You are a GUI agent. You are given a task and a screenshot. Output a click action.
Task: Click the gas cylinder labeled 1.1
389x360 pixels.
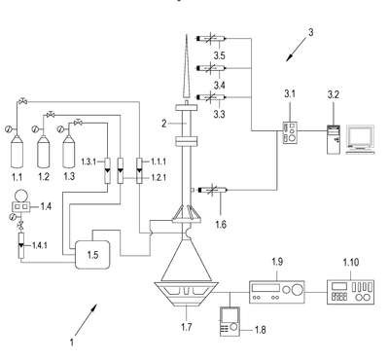pyautogui.click(x=17, y=152)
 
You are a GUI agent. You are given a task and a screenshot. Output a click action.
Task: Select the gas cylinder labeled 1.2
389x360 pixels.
pyautogui.click(x=43, y=152)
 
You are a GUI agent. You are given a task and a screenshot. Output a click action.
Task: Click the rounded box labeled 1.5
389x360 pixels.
pyautogui.click(x=92, y=255)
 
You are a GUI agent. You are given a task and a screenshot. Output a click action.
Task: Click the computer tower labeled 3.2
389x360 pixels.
pyautogui.click(x=334, y=139)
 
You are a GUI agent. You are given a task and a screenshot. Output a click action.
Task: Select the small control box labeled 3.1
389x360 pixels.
pyautogui.click(x=290, y=132)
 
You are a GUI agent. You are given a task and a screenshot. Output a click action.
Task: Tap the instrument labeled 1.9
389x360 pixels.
pyautogui.click(x=277, y=292)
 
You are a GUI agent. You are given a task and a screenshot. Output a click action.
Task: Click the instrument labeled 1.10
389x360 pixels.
pyautogui.click(x=351, y=292)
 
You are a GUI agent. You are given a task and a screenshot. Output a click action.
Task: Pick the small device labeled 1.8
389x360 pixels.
pyautogui.click(x=230, y=321)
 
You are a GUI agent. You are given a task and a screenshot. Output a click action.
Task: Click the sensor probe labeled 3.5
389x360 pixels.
pyautogui.click(x=211, y=39)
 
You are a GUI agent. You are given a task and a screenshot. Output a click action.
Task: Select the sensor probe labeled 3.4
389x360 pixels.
pyautogui.click(x=211, y=68)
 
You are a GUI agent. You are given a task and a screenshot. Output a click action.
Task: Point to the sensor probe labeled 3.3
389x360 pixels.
pyautogui.click(x=211, y=97)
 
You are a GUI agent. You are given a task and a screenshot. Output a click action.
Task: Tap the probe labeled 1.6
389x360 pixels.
pyautogui.click(x=211, y=190)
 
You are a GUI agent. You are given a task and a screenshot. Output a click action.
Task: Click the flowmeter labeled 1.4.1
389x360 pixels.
pyautogui.click(x=21, y=245)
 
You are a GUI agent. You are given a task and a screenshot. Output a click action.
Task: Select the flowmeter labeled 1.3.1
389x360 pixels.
pyautogui.click(x=107, y=170)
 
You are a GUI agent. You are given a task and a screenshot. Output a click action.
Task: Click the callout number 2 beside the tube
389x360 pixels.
pyautogui.click(x=164, y=124)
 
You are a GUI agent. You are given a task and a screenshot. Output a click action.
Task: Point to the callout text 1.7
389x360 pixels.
pyautogui.click(x=186, y=327)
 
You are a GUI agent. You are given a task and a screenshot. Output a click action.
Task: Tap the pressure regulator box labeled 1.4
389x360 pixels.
pyautogui.click(x=20, y=206)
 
